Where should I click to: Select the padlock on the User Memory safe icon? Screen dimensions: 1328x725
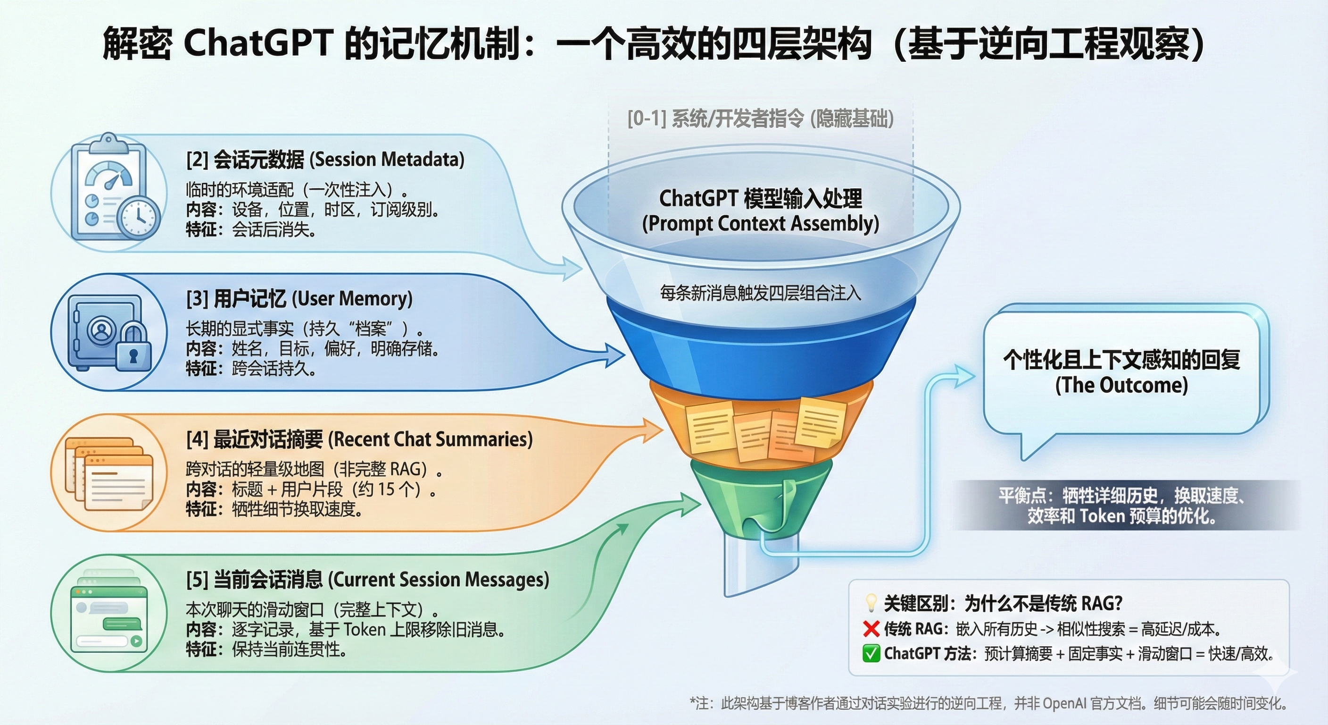point(133,348)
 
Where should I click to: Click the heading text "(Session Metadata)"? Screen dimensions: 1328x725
point(387,160)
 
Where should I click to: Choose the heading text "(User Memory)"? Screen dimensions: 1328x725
point(352,299)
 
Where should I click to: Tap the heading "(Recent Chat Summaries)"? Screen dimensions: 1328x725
point(431,439)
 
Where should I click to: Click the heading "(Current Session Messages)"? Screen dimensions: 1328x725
point(439,580)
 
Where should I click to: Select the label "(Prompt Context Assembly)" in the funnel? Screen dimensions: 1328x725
point(760,223)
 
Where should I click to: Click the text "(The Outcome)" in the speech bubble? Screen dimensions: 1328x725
point(1121,385)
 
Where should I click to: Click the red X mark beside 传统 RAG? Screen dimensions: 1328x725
point(871,629)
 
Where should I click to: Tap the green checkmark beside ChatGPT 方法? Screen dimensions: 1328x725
point(871,653)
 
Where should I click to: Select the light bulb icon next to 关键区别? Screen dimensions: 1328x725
point(871,602)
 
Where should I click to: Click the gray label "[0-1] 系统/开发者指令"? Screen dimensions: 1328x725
point(715,118)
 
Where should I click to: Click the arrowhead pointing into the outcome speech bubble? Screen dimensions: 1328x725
point(962,376)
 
